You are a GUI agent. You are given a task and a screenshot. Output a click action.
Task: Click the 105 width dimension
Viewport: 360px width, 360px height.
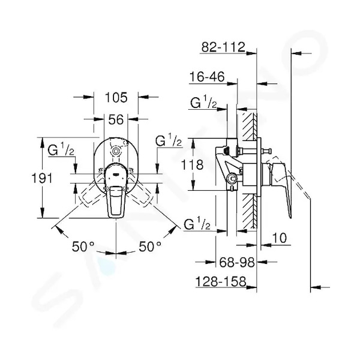[x=116, y=98]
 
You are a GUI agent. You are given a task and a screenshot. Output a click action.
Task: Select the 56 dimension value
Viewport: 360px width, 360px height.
[x=116, y=119]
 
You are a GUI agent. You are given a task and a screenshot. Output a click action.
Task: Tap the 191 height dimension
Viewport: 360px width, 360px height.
[x=42, y=178]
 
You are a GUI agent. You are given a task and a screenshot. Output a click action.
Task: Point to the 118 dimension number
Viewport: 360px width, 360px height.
[x=192, y=164]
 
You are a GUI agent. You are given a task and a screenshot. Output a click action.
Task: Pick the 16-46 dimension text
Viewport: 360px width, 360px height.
[x=207, y=77]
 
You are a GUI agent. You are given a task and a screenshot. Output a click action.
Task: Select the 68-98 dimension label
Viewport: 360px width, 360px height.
[x=237, y=262]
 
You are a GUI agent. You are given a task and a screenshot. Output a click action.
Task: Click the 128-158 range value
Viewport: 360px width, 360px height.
[x=221, y=281]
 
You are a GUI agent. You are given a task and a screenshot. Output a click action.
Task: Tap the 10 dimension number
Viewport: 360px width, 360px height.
[x=280, y=238]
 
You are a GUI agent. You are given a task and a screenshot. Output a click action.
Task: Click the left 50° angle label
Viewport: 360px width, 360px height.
[x=83, y=247]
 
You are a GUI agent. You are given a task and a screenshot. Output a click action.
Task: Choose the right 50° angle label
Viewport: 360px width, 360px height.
[x=150, y=247]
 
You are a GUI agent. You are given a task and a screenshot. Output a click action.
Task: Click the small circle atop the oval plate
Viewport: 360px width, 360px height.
[x=116, y=151]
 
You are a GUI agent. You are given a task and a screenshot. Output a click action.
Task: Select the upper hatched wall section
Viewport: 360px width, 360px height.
[x=249, y=127]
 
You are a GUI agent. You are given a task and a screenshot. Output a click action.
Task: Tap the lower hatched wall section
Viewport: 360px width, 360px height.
[x=249, y=211]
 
